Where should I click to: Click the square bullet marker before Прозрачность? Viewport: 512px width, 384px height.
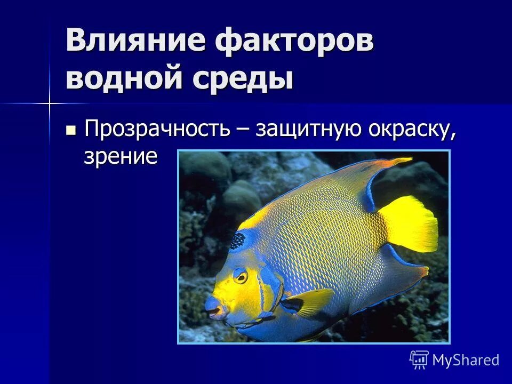click(x=70, y=130)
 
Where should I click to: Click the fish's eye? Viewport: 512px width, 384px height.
click(x=241, y=276)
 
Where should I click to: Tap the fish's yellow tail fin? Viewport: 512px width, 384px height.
click(x=411, y=224)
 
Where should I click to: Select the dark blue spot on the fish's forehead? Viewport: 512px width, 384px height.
click(x=237, y=241)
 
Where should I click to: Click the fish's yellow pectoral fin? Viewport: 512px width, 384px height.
click(x=309, y=301)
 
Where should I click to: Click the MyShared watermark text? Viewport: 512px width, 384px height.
click(x=466, y=360)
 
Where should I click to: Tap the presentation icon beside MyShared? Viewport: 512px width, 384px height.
click(x=419, y=359)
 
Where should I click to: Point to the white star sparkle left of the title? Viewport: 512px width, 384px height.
click(x=49, y=103)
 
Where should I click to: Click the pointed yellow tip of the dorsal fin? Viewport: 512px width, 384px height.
click(x=408, y=159)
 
